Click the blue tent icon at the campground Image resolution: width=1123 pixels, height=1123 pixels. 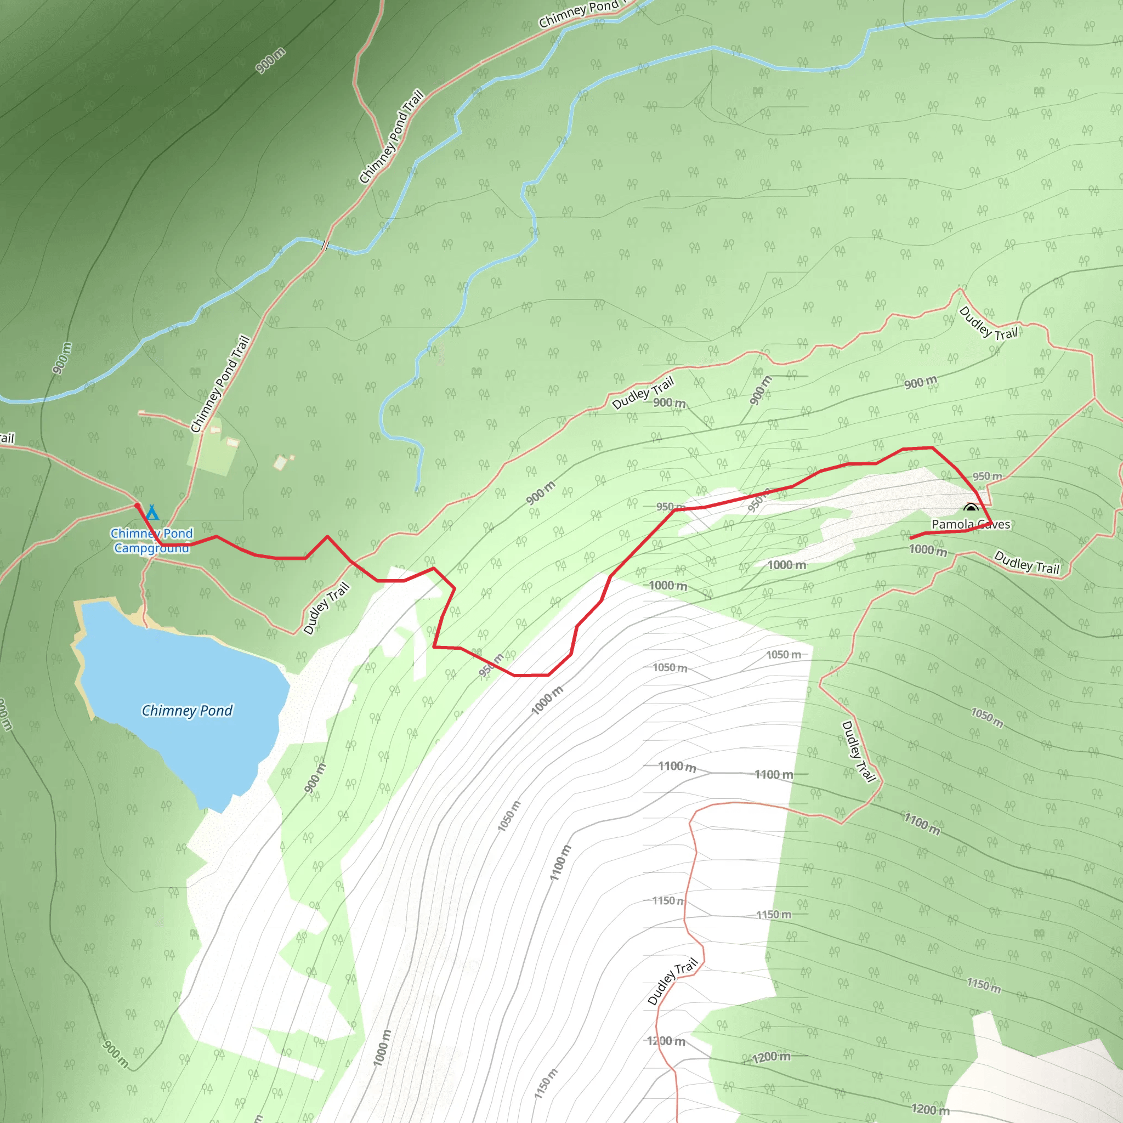click(152, 512)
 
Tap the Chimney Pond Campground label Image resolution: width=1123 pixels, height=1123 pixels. click(152, 541)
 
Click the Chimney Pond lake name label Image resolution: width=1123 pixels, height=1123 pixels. click(187, 710)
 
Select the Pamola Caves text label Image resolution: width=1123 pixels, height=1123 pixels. click(971, 524)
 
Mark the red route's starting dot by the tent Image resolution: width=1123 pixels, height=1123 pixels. click(137, 506)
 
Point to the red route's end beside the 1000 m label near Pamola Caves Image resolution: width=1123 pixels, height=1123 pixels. click(911, 538)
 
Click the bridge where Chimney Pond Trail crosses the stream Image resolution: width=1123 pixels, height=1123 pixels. click(326, 245)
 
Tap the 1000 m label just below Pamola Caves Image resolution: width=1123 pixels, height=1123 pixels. click(928, 549)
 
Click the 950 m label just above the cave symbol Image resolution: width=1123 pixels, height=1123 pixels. click(988, 476)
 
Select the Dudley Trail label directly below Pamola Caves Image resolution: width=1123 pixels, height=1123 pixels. click(1026, 562)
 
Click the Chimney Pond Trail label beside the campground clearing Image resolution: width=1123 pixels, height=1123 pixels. click(220, 384)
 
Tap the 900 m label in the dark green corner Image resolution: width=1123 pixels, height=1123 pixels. click(270, 60)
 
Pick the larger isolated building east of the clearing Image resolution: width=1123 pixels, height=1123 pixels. click(281, 463)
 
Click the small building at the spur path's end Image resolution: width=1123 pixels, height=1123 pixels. click(141, 413)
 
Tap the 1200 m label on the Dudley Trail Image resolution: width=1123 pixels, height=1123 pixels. click(666, 1040)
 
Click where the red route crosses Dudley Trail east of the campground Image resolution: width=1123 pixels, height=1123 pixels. click(351, 561)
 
